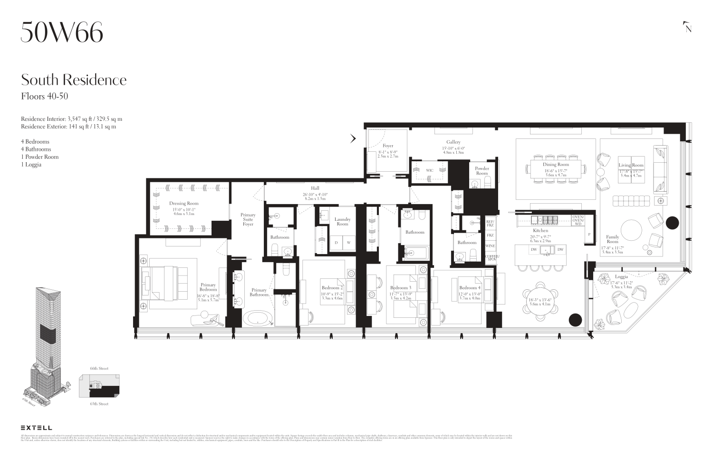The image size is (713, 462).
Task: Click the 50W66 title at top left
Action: pyautogui.click(x=62, y=32)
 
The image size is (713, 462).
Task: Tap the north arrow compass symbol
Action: pyautogui.click(x=687, y=27)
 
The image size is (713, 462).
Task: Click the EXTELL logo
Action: pyautogui.click(x=37, y=428)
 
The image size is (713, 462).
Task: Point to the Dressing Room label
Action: pyautogui.click(x=184, y=203)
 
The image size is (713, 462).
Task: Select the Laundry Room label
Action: pyautogui.click(x=342, y=221)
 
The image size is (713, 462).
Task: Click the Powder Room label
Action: pyautogui.click(x=482, y=171)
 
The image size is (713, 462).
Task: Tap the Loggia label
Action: pyautogui.click(x=621, y=276)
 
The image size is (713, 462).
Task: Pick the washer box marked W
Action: pyautogui.click(x=348, y=243)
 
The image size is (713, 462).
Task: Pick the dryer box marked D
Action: pyautogui.click(x=336, y=243)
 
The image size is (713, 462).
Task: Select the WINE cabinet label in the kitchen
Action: pyautogui.click(x=490, y=246)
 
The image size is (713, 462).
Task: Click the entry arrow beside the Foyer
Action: pyautogui.click(x=353, y=139)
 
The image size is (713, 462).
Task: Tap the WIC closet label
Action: pyautogui.click(x=430, y=170)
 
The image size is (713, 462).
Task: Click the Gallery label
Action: pyautogui.click(x=453, y=142)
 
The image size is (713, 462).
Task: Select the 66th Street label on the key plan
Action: pyautogui.click(x=99, y=368)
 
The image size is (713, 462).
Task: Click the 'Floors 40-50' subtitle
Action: pyautogui.click(x=45, y=96)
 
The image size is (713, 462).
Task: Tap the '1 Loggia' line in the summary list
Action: pyautogui.click(x=31, y=165)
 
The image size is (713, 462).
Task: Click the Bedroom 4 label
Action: pyautogui.click(x=470, y=287)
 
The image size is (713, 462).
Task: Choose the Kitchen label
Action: pyautogui.click(x=540, y=230)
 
